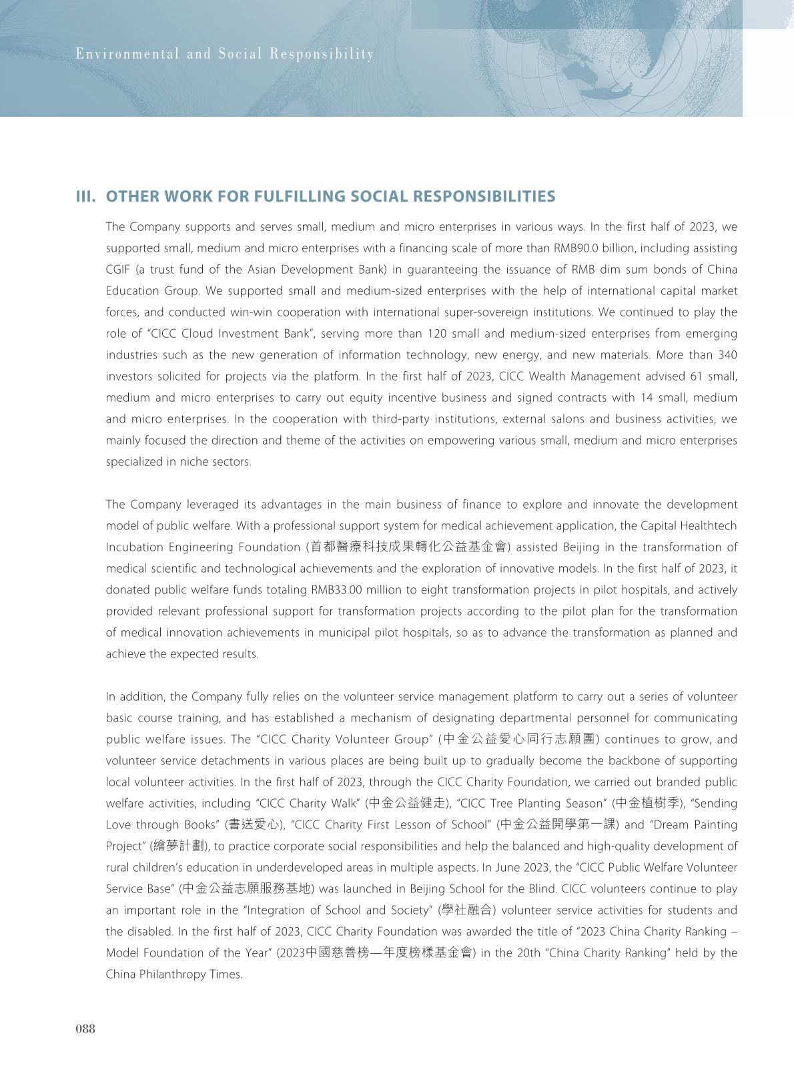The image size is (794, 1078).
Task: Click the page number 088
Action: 85,1029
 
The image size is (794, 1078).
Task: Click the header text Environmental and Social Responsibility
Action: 225,54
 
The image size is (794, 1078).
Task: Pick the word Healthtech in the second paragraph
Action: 708,526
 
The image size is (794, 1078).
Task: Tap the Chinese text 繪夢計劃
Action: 179,846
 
